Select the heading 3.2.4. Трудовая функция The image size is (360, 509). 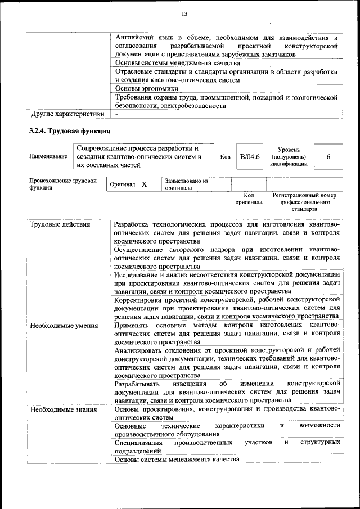coord(65,132)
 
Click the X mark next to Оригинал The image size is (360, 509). coord(144,184)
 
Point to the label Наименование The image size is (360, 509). coord(48,157)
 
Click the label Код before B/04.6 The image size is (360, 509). coord(225,157)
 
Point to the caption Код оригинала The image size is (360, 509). coord(249,199)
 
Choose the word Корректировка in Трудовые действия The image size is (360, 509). coord(139,300)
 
